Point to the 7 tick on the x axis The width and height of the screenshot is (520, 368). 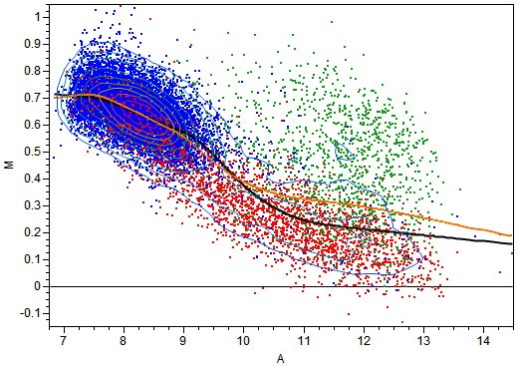pyautogui.click(x=64, y=339)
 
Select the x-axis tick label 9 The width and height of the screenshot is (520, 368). pyautogui.click(x=183, y=339)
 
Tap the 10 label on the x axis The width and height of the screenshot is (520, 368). pyautogui.click(x=243, y=339)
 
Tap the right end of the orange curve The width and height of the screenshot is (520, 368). pyautogui.click(x=512, y=235)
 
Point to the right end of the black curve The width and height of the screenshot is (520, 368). pyautogui.click(x=512, y=243)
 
